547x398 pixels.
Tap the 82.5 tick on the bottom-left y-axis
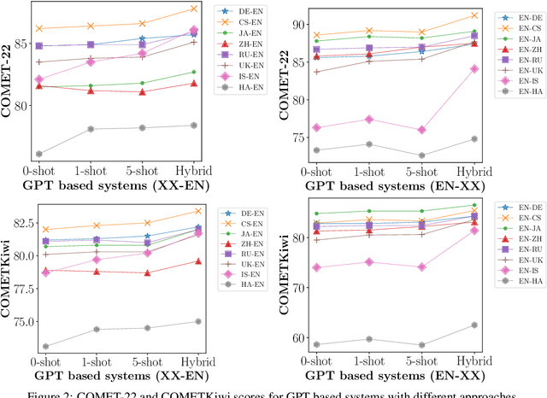pos(21,223)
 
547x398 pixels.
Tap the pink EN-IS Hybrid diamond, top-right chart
pos(473,68)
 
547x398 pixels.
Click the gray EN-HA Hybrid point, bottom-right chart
pos(473,325)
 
